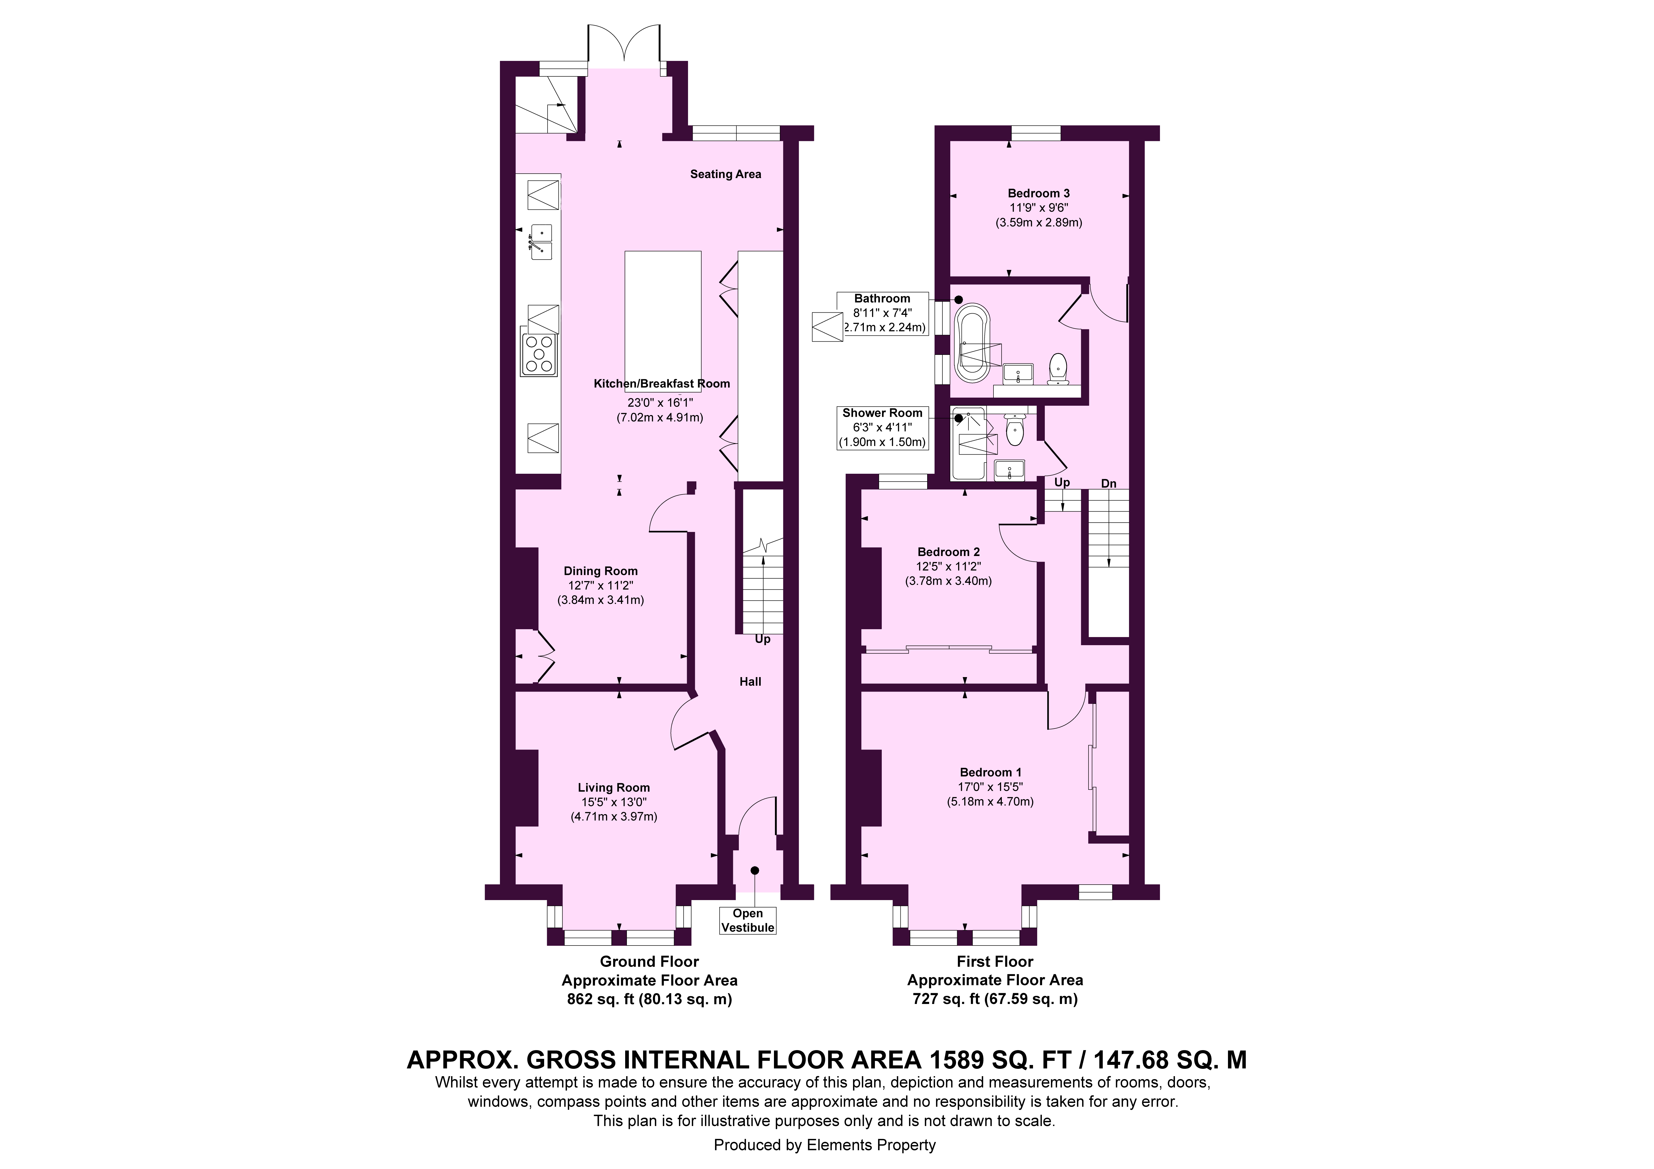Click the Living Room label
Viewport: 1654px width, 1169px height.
tap(614, 788)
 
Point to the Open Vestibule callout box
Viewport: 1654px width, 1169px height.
tap(748, 920)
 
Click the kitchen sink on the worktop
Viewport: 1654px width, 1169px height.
tap(540, 241)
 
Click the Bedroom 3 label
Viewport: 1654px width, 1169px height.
tap(1039, 193)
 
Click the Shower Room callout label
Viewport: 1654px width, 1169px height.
tap(882, 413)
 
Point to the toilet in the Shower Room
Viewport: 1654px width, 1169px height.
tap(1014, 430)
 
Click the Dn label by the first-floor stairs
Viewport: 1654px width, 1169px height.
tap(1109, 484)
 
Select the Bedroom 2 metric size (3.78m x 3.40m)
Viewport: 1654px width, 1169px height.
tap(949, 581)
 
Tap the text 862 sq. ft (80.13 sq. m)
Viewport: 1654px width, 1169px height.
tap(650, 1000)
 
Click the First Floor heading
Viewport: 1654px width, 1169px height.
tap(995, 961)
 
